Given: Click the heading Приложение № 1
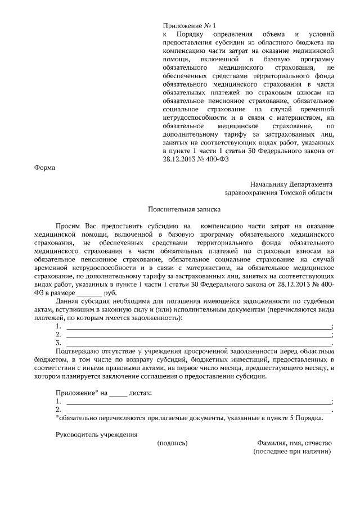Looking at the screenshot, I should pos(189,25).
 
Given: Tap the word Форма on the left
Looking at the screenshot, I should pos(45,168).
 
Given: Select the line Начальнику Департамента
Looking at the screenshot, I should pos(291,184).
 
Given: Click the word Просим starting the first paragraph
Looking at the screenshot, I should pos(69,226).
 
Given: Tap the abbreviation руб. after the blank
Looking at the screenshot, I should pos(110,293).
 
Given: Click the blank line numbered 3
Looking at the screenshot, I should pos(199,342).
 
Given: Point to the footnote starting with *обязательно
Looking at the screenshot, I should pos(189,418).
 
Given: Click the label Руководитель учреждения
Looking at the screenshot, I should pos(96,435).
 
